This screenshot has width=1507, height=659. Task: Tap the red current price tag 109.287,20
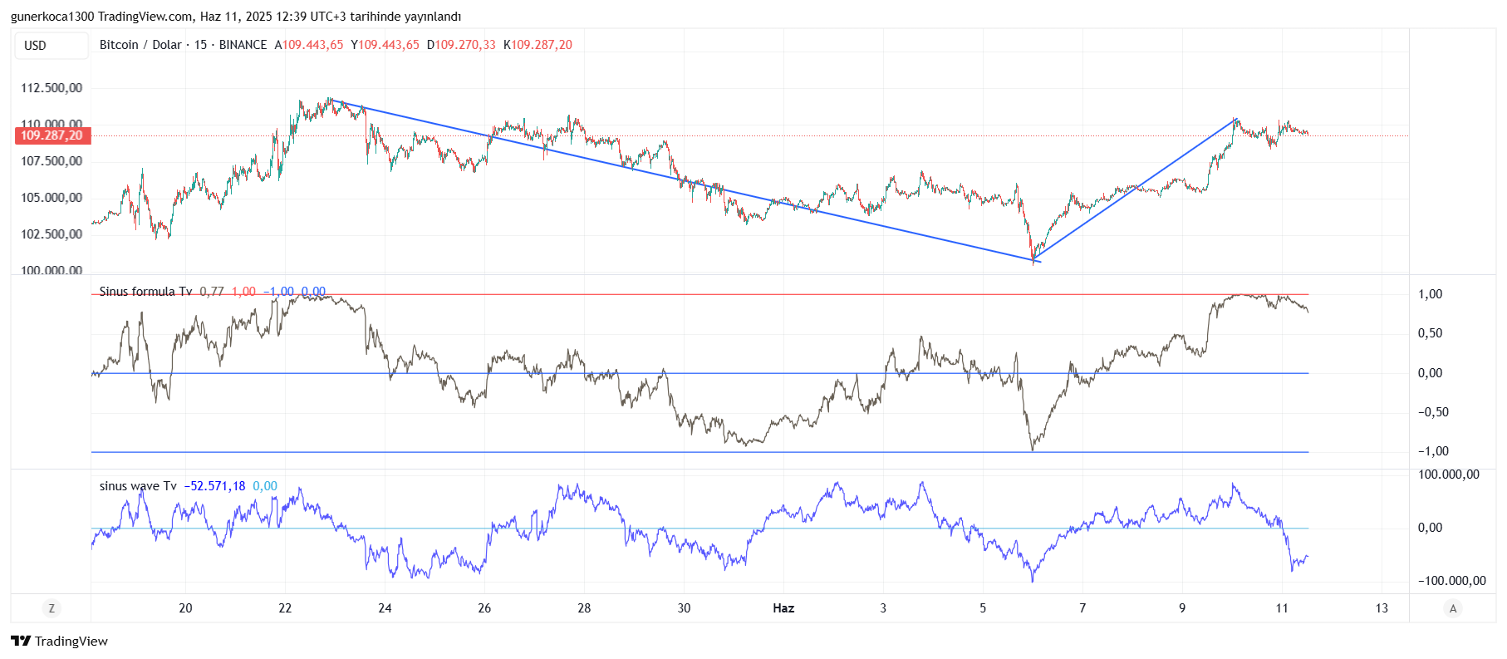52,135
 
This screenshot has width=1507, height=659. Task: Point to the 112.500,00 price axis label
52,88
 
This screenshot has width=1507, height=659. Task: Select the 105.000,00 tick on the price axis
52,198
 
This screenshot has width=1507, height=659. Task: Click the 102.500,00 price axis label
52,234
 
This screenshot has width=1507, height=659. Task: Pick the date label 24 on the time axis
385,608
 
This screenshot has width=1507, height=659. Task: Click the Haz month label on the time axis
783,608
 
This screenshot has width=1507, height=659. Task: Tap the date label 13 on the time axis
1382,608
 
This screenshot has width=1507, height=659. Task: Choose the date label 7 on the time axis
1082,608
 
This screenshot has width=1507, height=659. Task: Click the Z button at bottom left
52,608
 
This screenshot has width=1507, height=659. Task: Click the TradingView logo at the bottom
60,641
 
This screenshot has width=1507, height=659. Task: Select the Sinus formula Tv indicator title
145,292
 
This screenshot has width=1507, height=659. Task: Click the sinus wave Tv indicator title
138,486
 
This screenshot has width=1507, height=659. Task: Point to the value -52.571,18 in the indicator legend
214,486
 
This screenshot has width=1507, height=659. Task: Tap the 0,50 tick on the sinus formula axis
1430,333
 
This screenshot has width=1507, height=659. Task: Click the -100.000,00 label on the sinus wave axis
1452,581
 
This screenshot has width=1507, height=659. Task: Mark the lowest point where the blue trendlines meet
1034,260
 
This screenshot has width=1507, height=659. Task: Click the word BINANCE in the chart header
243,45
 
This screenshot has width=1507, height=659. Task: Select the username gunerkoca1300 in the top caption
52,17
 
